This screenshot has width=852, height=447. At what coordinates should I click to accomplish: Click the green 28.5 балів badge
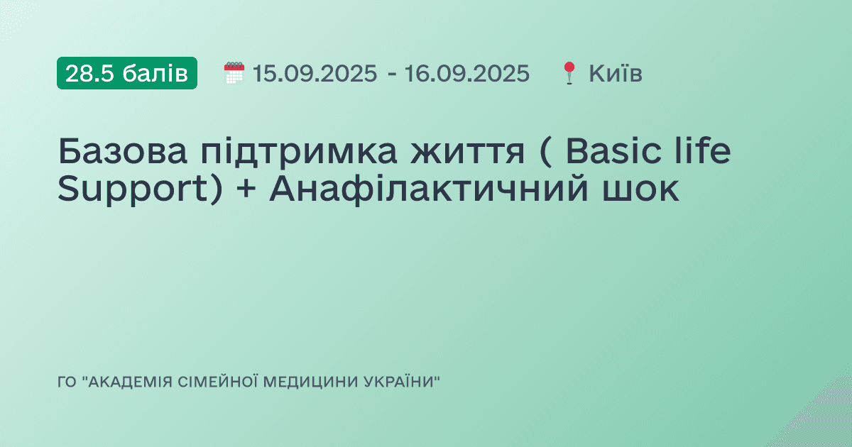(x=127, y=73)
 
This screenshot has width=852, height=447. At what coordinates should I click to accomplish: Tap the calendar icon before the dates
(x=234, y=73)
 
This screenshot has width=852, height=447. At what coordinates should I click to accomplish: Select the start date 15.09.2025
(x=315, y=73)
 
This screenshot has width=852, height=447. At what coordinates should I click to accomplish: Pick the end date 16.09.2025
(x=466, y=73)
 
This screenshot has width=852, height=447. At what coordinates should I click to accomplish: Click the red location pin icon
(x=569, y=73)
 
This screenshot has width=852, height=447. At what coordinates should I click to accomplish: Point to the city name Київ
(x=616, y=73)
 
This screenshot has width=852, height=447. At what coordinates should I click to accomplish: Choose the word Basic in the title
(x=612, y=153)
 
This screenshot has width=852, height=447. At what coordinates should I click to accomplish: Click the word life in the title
(x=703, y=153)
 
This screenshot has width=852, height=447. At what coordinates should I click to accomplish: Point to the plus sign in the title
(x=245, y=191)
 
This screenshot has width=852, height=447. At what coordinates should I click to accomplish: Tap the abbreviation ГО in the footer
(x=66, y=382)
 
